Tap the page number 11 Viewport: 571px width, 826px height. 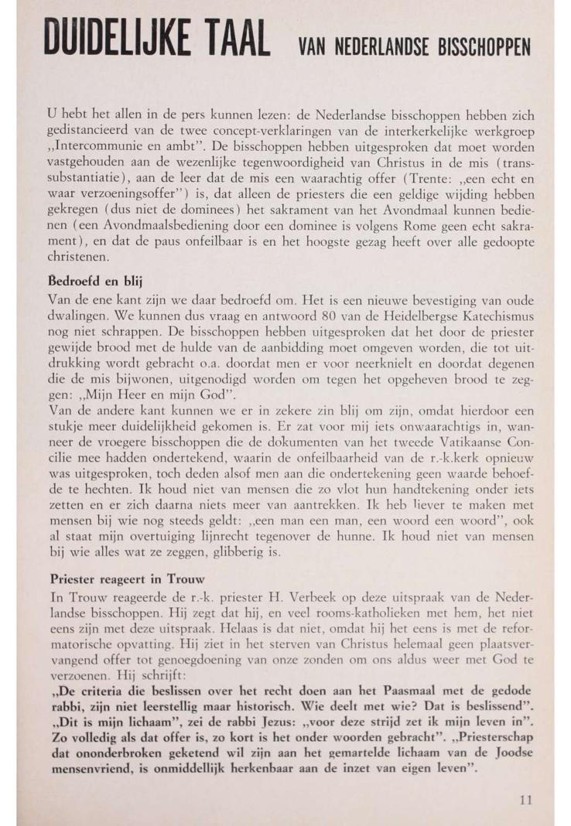tap(525, 800)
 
